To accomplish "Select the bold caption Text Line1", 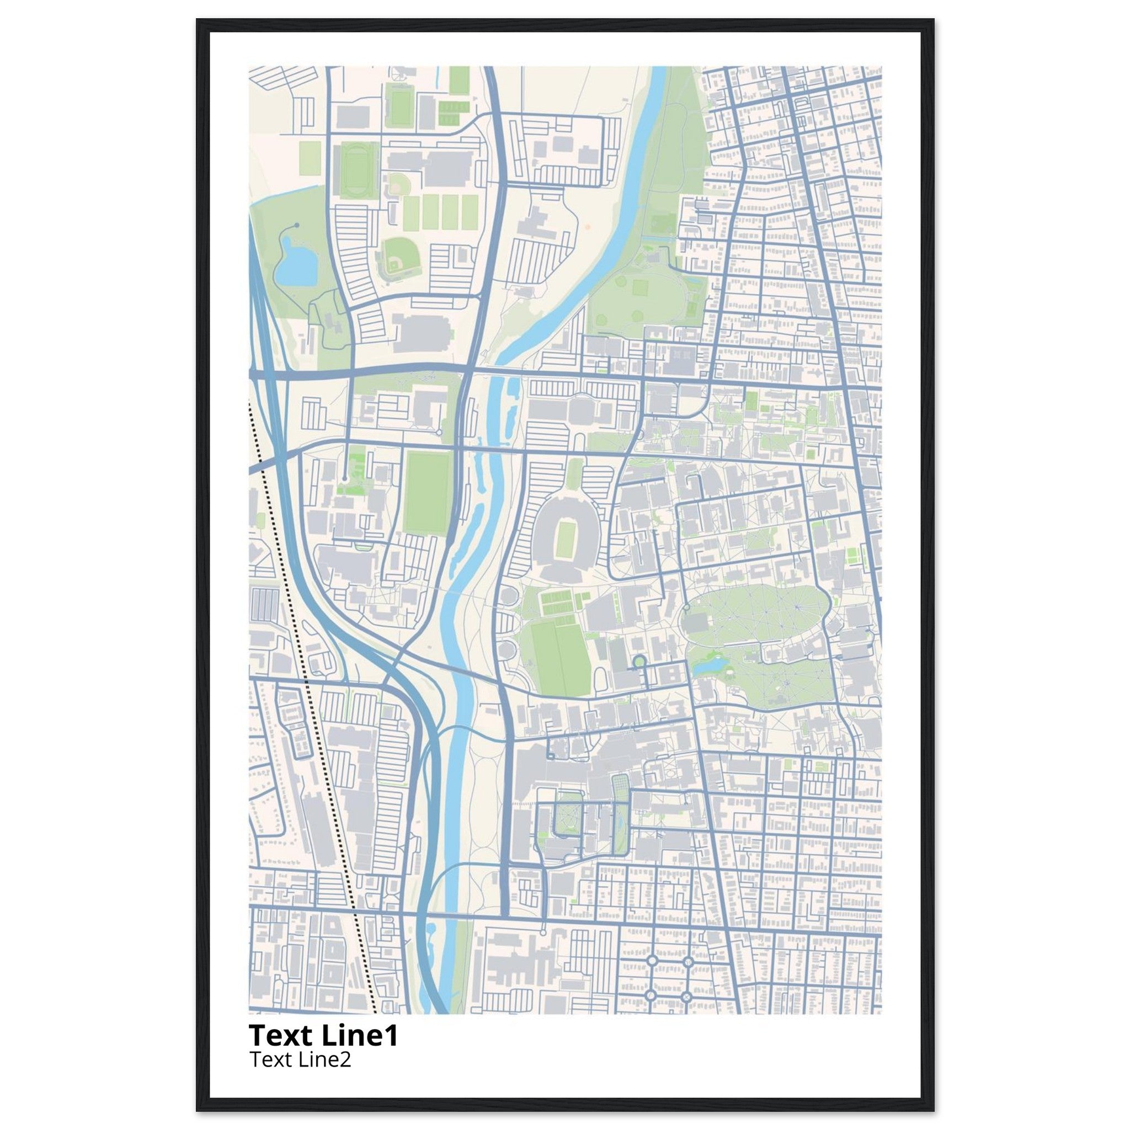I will [x=323, y=1035].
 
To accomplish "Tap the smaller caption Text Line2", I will [x=301, y=1059].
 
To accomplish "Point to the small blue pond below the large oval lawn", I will [x=710, y=665].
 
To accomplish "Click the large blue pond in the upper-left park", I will [x=296, y=261].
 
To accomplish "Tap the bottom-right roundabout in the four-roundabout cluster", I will [x=687, y=995].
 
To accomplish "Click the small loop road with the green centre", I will [x=639, y=662].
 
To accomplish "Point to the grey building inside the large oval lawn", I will [x=696, y=622].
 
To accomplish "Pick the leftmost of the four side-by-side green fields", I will [x=412, y=213].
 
